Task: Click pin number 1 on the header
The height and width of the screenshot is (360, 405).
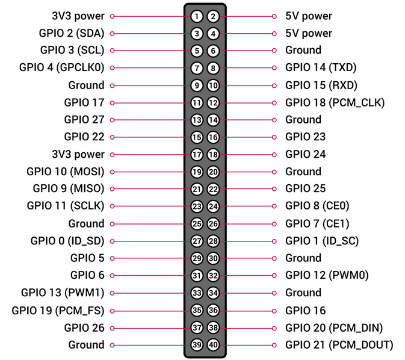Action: pos(197,16)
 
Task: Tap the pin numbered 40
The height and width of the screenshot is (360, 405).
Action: pos(213,345)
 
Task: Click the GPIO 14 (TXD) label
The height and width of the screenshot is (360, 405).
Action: pos(321,67)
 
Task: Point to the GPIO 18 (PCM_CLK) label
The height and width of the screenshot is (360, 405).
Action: pos(335,102)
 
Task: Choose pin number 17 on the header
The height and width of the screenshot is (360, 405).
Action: pos(197,155)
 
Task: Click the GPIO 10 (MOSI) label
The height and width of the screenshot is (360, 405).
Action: pos(65,172)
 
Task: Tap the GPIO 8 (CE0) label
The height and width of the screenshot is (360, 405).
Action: pos(317,206)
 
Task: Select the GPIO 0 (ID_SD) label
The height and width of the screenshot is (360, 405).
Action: pos(67,241)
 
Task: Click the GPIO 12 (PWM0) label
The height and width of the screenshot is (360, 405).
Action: pos(327,275)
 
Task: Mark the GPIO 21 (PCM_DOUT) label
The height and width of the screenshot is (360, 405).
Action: pos(339,345)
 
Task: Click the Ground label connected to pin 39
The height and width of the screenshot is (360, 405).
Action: pos(86,345)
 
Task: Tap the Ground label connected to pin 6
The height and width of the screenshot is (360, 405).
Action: pos(303,50)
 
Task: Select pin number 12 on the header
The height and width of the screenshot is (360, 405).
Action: pos(213,103)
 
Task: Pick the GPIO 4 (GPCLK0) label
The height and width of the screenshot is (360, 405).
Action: pos(61,67)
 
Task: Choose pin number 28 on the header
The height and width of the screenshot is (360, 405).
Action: pos(213,241)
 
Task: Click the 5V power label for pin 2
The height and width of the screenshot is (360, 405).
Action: pos(309,16)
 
